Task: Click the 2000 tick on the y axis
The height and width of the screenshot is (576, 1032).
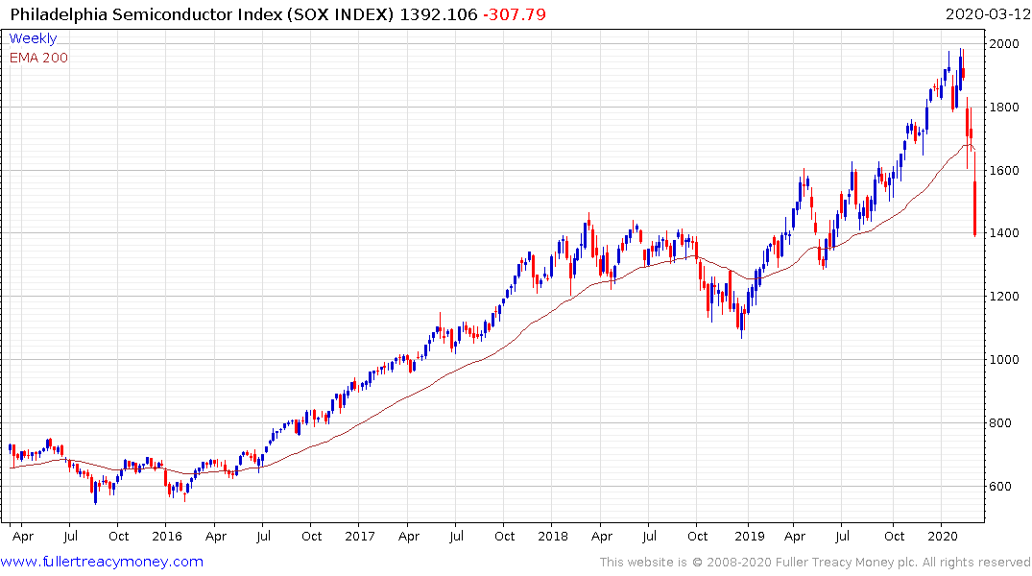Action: coord(1005,44)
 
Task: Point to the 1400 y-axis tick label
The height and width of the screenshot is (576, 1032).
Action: coord(1005,233)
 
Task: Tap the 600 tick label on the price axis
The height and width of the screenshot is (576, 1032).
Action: coord(1001,486)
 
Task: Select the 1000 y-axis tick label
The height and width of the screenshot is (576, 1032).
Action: coord(1005,359)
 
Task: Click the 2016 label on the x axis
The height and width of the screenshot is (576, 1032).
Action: coord(166,536)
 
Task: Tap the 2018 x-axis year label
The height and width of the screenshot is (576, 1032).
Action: coord(553,536)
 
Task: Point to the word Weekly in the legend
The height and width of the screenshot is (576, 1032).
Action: coord(33,38)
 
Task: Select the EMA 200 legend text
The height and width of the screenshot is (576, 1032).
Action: coord(38,58)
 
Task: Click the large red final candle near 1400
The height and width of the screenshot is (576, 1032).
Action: coord(974,208)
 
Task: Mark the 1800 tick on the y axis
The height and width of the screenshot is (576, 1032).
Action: coord(1005,108)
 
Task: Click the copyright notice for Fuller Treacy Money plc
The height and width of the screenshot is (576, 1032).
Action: coord(815,563)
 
